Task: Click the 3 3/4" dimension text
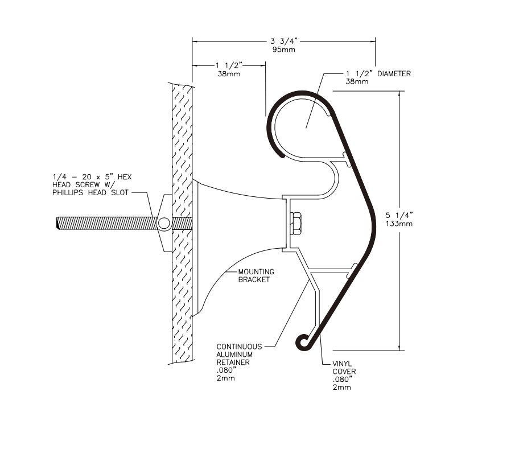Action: (283, 41)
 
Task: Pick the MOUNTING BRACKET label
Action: (256, 276)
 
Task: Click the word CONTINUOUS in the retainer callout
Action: (239, 347)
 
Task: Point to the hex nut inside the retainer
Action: (296, 223)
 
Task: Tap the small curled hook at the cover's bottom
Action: (303, 341)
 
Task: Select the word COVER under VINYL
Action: (344, 372)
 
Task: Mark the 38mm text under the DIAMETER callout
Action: (357, 82)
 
